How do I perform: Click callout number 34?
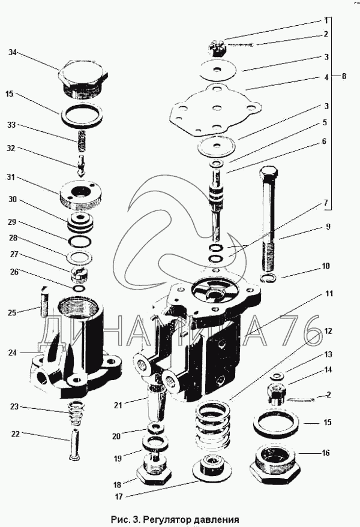[x=12, y=53]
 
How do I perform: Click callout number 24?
[x=12, y=353]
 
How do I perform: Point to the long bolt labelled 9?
[x=268, y=216]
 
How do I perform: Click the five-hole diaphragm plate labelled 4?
[x=214, y=109]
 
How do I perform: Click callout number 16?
[x=326, y=453]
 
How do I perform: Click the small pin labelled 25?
[x=43, y=301]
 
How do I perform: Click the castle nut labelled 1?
[x=218, y=46]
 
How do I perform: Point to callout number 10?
[x=326, y=266]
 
